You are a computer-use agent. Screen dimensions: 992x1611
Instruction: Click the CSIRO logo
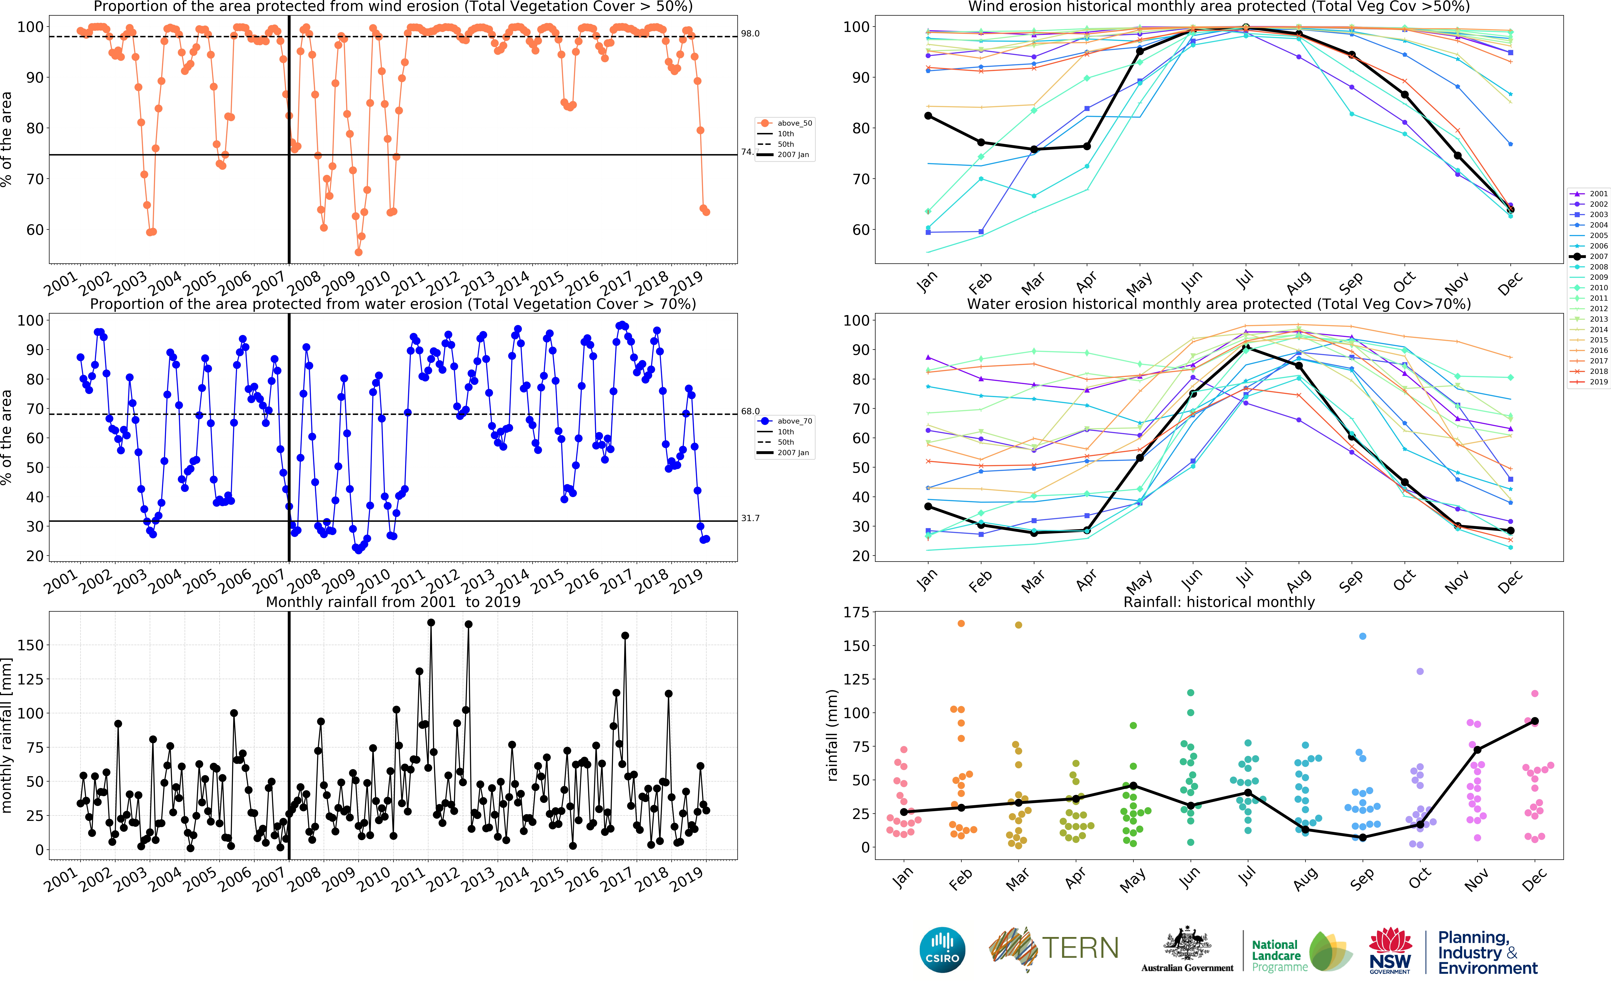coord(942,949)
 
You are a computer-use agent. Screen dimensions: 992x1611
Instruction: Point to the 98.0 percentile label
coord(750,34)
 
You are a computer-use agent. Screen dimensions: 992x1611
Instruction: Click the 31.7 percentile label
coord(750,518)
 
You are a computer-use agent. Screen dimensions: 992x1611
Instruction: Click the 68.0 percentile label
coord(750,411)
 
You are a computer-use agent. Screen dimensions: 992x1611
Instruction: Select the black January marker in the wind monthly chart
coord(928,116)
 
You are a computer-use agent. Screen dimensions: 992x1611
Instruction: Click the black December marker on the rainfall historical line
coord(1534,721)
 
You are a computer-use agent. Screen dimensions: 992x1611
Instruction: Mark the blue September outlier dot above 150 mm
coord(1362,636)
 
